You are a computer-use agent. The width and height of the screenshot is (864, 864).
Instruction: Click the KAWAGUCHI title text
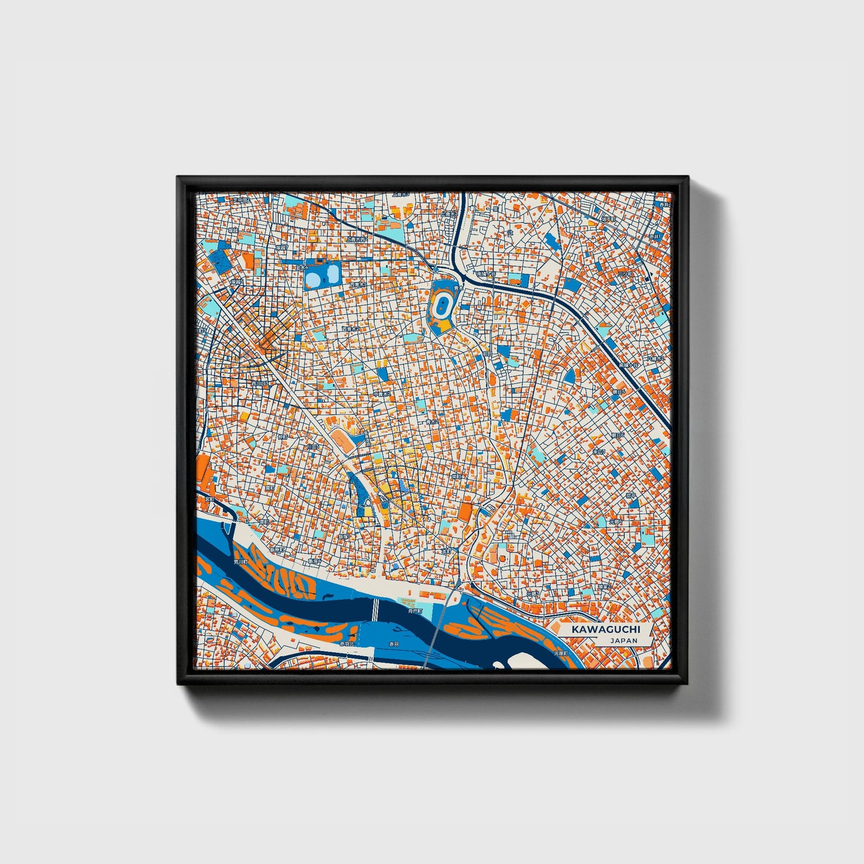click(605, 630)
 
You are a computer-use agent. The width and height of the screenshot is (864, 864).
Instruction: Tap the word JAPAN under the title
click(624, 640)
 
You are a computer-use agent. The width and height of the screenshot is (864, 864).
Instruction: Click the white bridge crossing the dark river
click(375, 610)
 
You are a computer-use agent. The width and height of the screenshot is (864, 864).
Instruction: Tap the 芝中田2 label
click(240, 199)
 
